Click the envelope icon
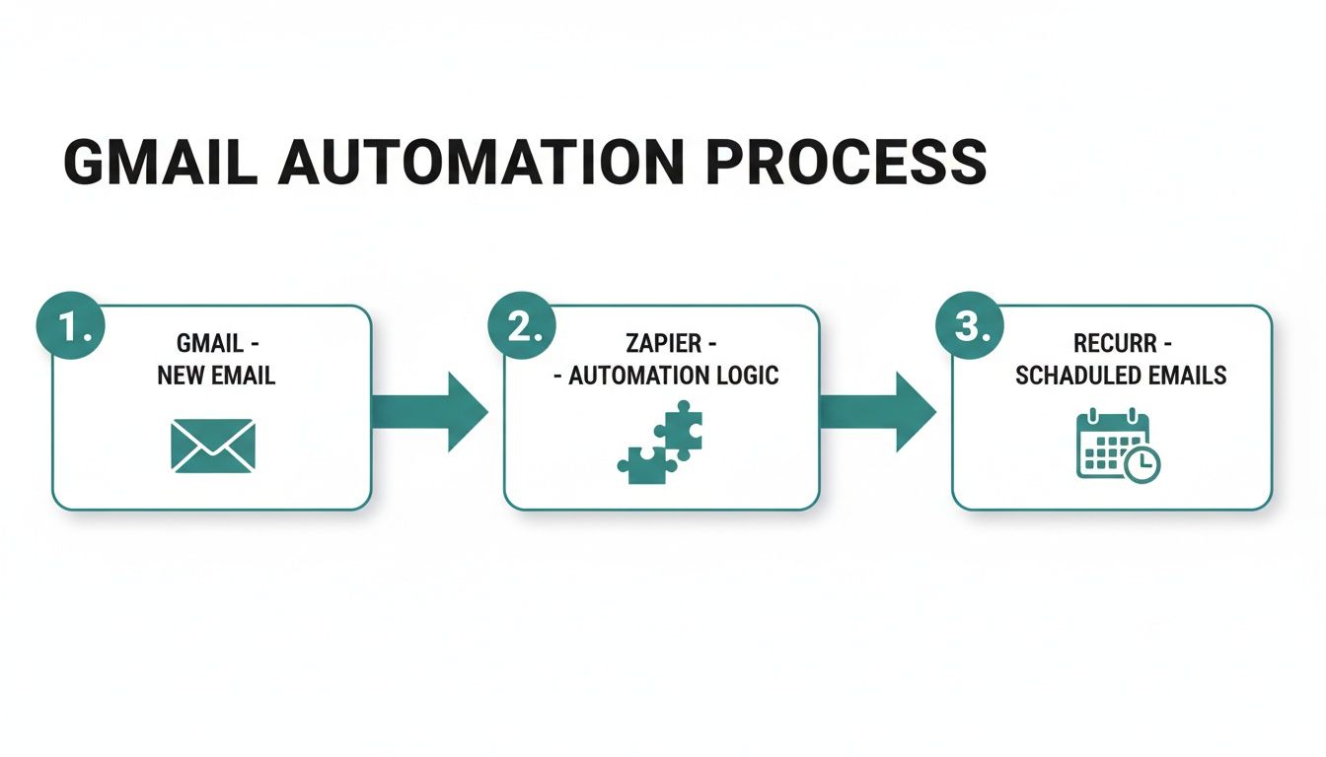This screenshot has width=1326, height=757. tap(213, 445)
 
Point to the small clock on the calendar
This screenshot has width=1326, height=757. tap(1142, 464)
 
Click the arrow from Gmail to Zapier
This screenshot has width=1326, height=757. tap(430, 412)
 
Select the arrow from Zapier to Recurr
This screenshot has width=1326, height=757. tap(878, 412)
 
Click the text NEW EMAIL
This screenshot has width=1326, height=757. tap(216, 376)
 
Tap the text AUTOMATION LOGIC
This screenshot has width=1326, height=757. tap(674, 376)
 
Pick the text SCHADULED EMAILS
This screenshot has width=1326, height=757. tap(1121, 376)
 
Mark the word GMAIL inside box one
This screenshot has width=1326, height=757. tap(209, 344)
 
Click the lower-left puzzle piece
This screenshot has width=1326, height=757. tap(641, 464)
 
